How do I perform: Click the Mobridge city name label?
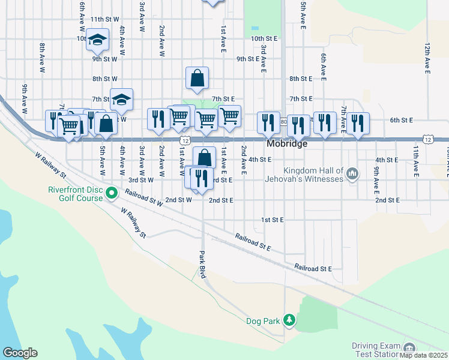(287, 145)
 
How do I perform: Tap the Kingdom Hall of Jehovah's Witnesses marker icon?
(352, 175)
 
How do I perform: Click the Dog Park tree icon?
(289, 320)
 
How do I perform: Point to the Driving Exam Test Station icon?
(409, 349)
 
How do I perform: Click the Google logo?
(20, 353)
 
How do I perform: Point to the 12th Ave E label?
(427, 58)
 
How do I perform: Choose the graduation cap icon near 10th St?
(97, 40)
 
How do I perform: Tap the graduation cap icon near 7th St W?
(121, 100)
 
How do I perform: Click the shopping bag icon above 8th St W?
(197, 77)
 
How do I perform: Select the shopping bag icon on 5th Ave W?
(106, 124)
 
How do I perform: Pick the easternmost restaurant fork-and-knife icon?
(357, 123)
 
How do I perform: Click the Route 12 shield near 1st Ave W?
(185, 140)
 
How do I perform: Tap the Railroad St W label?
(145, 199)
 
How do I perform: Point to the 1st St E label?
(272, 220)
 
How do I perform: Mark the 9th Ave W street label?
(25, 98)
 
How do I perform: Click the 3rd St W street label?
(141, 179)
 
